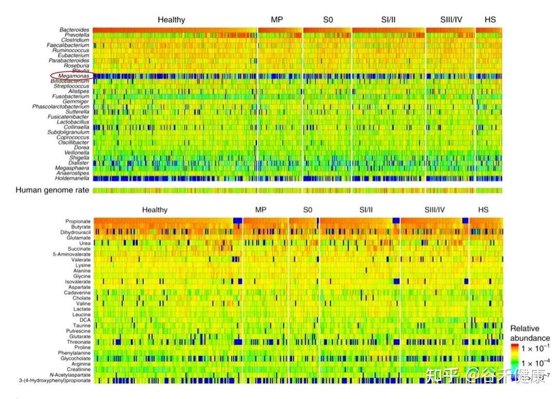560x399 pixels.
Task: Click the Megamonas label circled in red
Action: pyautogui.click(x=74, y=76)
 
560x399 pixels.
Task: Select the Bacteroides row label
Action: pyautogui.click(x=74, y=30)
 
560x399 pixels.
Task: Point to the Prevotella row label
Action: pyautogui.click(x=76, y=35)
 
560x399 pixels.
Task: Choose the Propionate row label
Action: pyautogui.click(x=78, y=222)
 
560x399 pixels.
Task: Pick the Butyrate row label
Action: pyautogui.click(x=80, y=227)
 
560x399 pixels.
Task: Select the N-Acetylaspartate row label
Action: pyautogui.click(x=69, y=375)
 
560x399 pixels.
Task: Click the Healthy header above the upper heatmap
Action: pyautogui.click(x=171, y=20)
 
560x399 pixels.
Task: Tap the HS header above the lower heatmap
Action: pyautogui.click(x=483, y=210)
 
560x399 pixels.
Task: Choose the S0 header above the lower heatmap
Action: pyautogui.click(x=308, y=210)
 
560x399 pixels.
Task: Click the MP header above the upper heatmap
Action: pyautogui.click(x=277, y=20)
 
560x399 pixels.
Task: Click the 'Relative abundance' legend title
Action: pyautogui.click(x=530, y=333)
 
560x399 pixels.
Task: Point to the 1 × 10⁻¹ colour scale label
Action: pyautogui.click(x=536, y=348)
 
